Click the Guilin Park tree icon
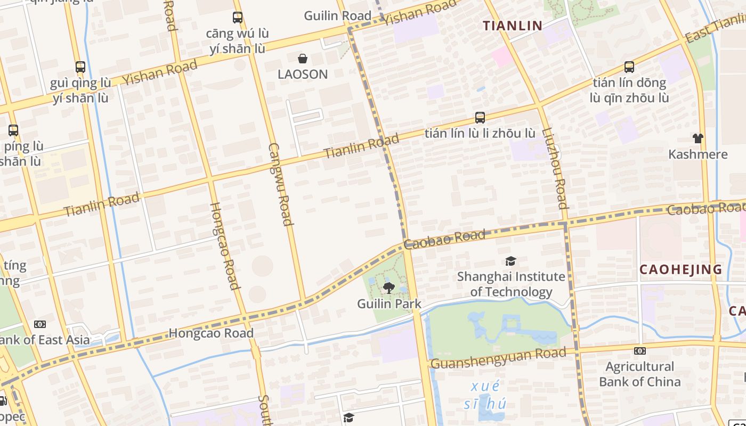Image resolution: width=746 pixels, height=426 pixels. pyautogui.click(x=389, y=288)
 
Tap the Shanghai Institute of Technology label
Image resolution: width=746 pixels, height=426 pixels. pyautogui.click(x=511, y=284)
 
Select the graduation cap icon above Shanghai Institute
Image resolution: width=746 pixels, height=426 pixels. pyautogui.click(x=510, y=261)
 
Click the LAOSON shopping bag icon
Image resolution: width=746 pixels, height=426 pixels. pyautogui.click(x=303, y=59)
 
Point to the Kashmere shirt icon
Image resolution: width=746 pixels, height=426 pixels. pyautogui.click(x=698, y=138)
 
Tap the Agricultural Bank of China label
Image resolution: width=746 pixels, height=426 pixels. pyautogui.click(x=639, y=374)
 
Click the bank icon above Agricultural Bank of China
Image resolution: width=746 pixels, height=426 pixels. pyautogui.click(x=640, y=351)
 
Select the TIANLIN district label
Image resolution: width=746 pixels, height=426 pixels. pyautogui.click(x=512, y=25)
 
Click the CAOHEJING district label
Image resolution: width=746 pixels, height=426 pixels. pyautogui.click(x=680, y=269)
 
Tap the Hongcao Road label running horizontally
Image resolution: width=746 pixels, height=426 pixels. pyautogui.click(x=211, y=333)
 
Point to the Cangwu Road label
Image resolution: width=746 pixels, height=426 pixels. pyautogui.click(x=281, y=184)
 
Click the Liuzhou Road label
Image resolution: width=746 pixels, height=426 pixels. pyautogui.click(x=555, y=168)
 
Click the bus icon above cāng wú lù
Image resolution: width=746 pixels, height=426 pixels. pyautogui.click(x=238, y=18)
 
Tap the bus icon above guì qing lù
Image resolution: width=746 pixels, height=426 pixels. pyautogui.click(x=80, y=67)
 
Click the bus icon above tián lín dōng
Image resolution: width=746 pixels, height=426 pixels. pyautogui.click(x=629, y=67)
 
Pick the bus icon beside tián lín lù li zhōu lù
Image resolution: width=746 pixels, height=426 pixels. pyautogui.click(x=480, y=118)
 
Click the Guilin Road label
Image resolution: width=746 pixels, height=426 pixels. pyautogui.click(x=337, y=16)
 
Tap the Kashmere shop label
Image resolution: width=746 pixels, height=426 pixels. pyautogui.click(x=698, y=154)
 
